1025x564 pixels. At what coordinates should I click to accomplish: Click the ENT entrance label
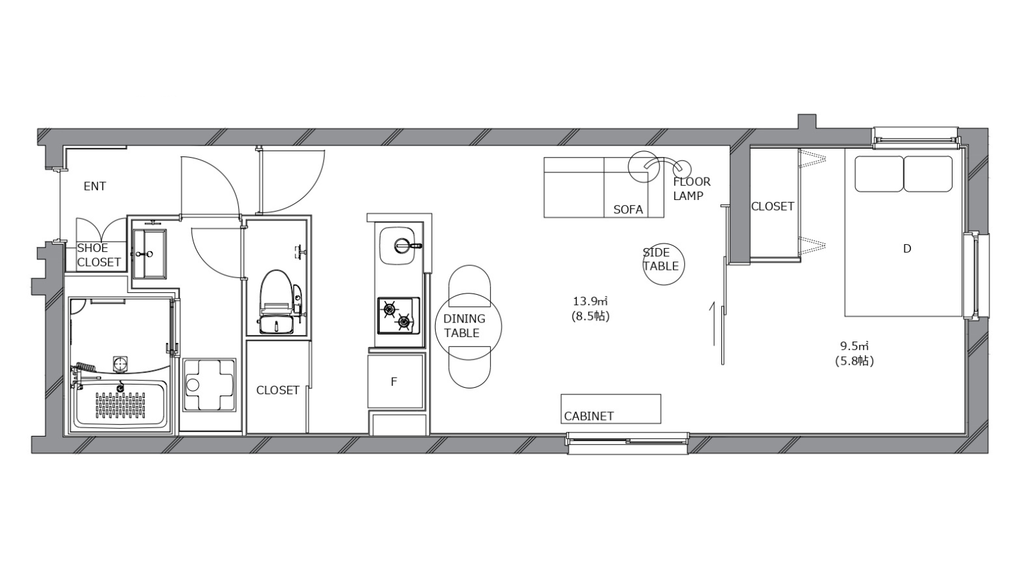95,187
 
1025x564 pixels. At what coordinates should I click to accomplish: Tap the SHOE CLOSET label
99,255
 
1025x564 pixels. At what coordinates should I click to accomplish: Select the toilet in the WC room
276,302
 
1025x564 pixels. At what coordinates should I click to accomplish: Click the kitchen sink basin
400,245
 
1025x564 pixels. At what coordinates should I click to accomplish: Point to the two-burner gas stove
398,315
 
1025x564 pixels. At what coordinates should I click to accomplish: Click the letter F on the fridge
394,382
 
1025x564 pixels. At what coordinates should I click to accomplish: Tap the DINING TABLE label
464,326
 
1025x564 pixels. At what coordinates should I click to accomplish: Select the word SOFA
628,210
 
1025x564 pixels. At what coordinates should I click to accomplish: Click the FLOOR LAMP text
691,188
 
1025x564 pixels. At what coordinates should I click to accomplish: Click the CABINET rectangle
611,409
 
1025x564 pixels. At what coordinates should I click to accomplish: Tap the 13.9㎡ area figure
590,301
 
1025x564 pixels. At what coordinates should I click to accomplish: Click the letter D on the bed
907,249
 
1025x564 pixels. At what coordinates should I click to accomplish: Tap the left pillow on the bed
879,174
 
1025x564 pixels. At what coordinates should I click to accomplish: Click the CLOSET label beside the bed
773,206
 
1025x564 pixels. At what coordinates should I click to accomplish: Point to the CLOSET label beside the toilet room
278,390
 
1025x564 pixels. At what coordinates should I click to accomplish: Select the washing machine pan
209,385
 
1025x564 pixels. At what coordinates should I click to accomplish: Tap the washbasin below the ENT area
149,254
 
